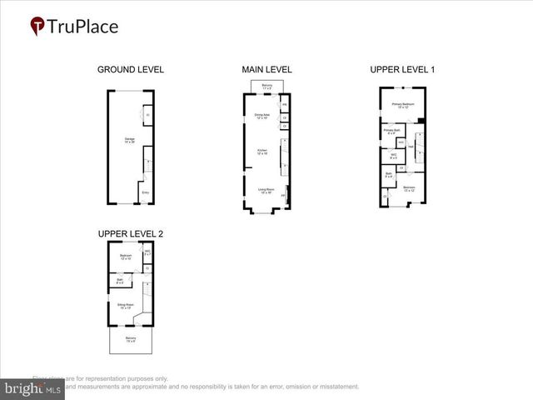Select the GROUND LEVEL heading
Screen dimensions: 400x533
click(131, 69)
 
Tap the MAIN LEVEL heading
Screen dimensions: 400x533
click(266, 69)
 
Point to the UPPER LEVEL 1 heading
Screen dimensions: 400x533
click(402, 69)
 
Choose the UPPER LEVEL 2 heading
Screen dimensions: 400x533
click(131, 234)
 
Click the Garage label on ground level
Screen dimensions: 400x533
click(129, 140)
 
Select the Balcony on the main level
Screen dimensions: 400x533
click(266, 87)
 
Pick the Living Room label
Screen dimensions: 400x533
click(265, 191)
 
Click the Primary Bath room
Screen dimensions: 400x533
click(390, 131)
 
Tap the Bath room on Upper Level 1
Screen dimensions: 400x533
click(388, 175)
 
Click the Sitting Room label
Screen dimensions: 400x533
click(125, 307)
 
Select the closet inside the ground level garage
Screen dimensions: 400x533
click(147, 115)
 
